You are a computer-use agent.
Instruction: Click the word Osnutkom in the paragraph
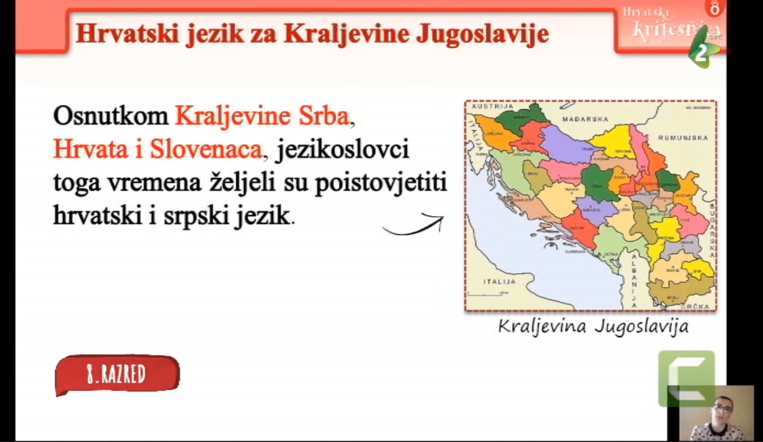click(111, 116)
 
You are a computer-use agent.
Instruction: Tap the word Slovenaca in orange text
click(206, 149)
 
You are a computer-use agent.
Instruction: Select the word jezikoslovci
click(343, 149)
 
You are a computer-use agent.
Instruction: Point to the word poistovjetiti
click(381, 183)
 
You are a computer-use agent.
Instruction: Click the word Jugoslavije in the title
click(482, 34)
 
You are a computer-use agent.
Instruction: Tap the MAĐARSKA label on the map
click(585, 119)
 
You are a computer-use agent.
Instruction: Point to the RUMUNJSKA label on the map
click(683, 138)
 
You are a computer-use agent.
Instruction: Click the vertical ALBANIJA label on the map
click(634, 281)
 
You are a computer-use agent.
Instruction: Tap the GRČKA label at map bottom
click(694, 306)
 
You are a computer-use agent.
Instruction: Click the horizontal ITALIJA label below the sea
click(499, 281)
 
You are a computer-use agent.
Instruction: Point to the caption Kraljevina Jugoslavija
click(593, 326)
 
